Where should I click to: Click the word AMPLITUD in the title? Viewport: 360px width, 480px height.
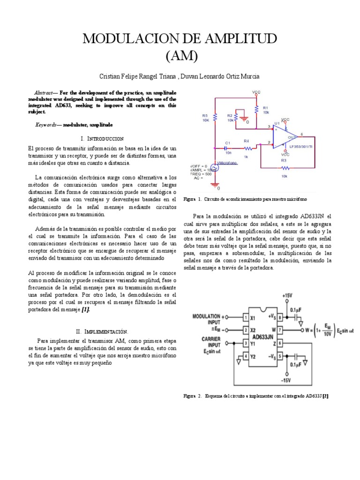tap(239, 38)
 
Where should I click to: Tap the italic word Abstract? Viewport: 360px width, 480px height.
tap(45, 93)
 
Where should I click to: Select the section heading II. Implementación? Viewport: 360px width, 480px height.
tap(102, 331)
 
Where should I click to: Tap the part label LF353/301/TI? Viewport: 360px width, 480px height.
tap(303, 146)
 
